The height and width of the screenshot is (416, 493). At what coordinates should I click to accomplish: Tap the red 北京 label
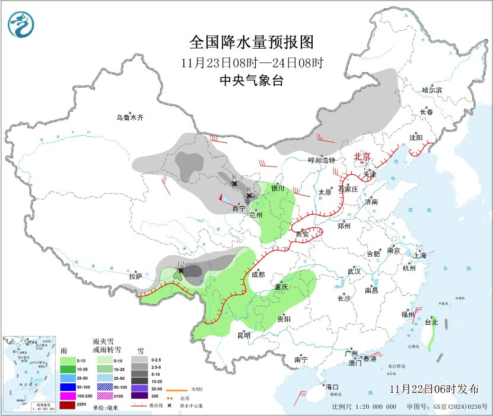(362, 156)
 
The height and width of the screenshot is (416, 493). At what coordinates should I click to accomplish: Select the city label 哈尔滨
(432, 90)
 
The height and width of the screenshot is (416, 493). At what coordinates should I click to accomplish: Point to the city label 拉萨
(136, 276)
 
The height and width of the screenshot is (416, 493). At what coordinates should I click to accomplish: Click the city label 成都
(258, 274)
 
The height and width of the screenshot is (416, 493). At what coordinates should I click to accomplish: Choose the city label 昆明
(244, 335)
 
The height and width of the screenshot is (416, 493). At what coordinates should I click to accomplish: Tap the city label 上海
(420, 255)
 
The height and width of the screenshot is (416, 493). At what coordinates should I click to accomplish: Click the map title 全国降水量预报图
(251, 42)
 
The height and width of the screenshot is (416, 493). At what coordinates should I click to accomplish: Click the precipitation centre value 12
(181, 263)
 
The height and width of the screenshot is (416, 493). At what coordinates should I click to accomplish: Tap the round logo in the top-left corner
(21, 24)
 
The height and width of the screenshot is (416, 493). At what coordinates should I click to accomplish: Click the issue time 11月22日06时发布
(435, 389)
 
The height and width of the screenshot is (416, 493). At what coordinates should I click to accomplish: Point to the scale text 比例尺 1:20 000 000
(364, 407)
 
